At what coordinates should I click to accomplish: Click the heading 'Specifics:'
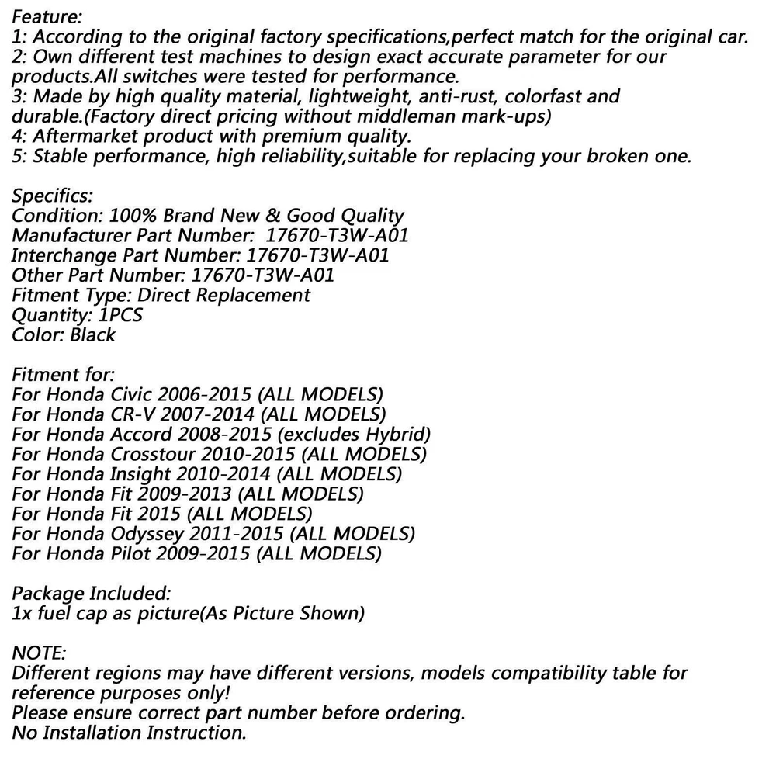pos(52,195)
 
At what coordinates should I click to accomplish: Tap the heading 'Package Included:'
pos(92,594)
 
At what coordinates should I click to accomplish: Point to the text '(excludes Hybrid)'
pos(353,435)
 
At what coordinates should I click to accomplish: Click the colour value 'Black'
pos(92,335)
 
